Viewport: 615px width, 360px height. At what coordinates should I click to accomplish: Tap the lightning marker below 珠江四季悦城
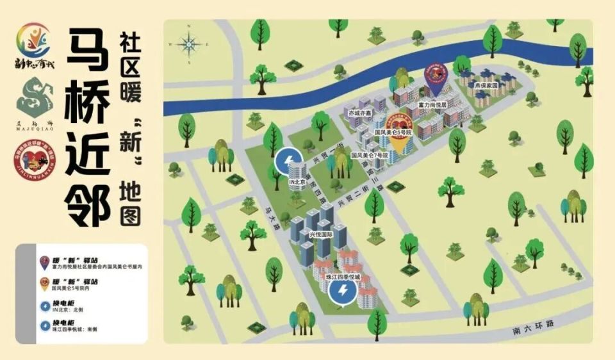tap(343, 293)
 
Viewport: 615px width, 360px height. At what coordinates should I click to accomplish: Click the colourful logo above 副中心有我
tap(33, 40)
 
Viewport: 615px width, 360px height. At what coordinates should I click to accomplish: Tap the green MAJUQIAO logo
tap(33, 96)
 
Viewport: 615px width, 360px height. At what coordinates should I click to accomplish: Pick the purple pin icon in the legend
tap(44, 261)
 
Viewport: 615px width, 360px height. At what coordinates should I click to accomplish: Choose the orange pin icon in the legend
tap(44, 284)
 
